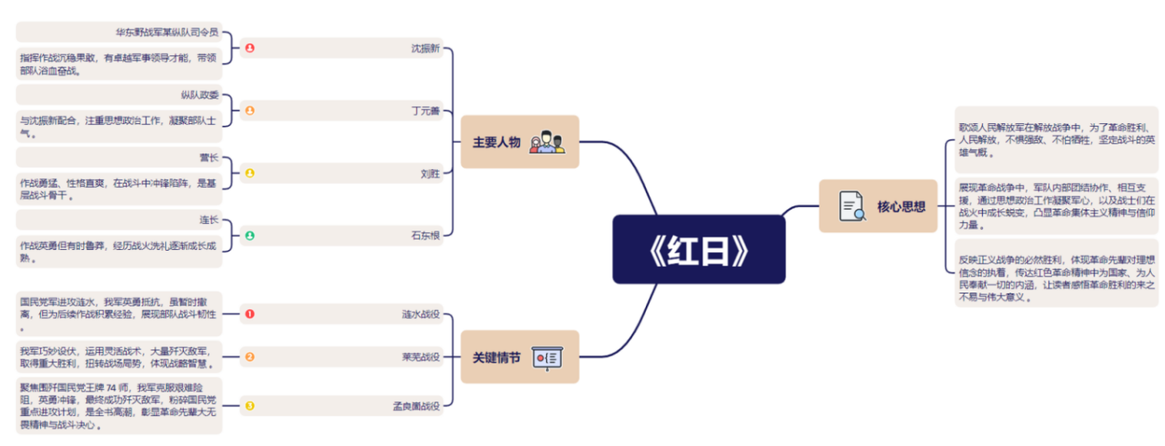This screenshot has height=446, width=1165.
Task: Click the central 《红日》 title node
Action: coord(698,249)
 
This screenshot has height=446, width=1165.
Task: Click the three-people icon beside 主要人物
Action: coord(548,142)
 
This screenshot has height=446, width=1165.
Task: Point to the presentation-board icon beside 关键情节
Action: coord(548,358)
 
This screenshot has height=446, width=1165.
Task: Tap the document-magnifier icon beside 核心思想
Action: coord(852,206)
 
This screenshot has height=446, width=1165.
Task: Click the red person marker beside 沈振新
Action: coord(249,48)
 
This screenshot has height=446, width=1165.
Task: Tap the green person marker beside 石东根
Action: coord(249,236)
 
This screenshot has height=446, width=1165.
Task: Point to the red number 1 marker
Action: coord(249,314)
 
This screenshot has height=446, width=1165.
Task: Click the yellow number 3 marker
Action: coord(249,406)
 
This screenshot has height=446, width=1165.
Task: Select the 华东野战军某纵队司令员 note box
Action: coord(119,33)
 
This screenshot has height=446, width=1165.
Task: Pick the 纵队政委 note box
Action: coord(119,95)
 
